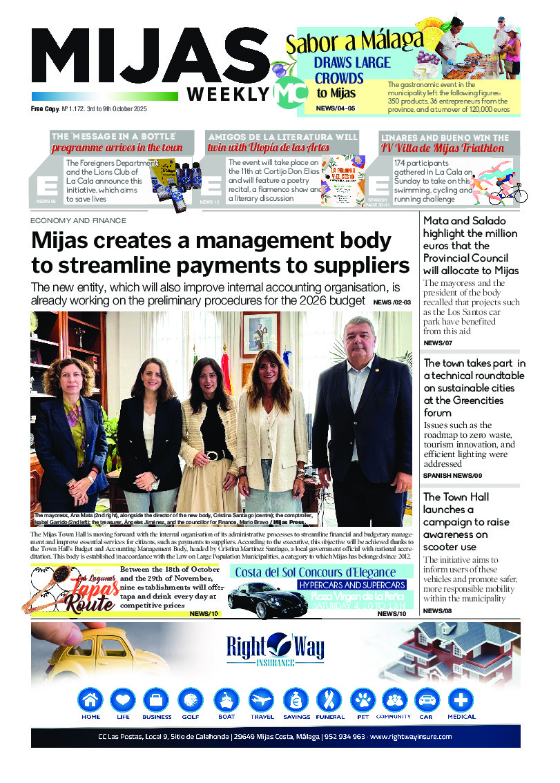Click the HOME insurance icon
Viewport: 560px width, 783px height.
point(90,700)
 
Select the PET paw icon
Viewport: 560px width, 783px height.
point(363,700)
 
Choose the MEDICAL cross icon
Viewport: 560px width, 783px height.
point(461,700)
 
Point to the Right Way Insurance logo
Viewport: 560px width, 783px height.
point(275,650)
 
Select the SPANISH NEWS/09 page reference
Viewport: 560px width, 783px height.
point(452,476)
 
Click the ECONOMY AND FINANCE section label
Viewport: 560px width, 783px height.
point(78,221)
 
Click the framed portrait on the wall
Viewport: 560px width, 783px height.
point(260,333)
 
